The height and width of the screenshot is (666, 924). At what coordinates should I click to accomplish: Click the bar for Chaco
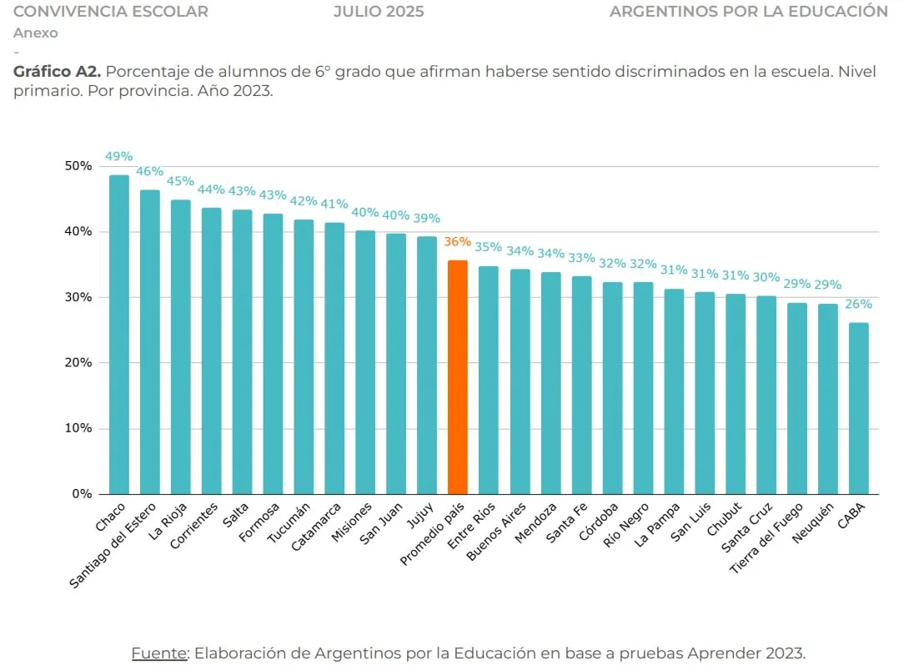[119, 334]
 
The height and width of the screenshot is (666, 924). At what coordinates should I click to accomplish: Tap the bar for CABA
[858, 408]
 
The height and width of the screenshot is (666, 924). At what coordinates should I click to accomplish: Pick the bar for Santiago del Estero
[150, 342]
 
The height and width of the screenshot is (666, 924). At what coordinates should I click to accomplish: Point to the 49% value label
[119, 156]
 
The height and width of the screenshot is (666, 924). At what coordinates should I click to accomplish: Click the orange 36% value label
[458, 242]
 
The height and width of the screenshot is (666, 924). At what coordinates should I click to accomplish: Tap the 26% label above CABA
[858, 304]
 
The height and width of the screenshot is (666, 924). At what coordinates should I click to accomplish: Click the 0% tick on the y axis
[82, 494]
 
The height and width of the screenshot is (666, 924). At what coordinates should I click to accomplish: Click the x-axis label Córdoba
[602, 522]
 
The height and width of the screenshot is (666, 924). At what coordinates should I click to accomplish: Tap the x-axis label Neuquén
[815, 524]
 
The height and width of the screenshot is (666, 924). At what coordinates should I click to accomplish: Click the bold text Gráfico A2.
[57, 73]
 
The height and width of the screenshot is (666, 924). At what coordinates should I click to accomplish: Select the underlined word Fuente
[159, 653]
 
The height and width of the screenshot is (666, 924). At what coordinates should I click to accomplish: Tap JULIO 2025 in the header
[379, 12]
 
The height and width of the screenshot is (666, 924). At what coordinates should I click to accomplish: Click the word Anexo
[36, 33]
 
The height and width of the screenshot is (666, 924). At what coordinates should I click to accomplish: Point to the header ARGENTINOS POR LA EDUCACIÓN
[748, 12]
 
